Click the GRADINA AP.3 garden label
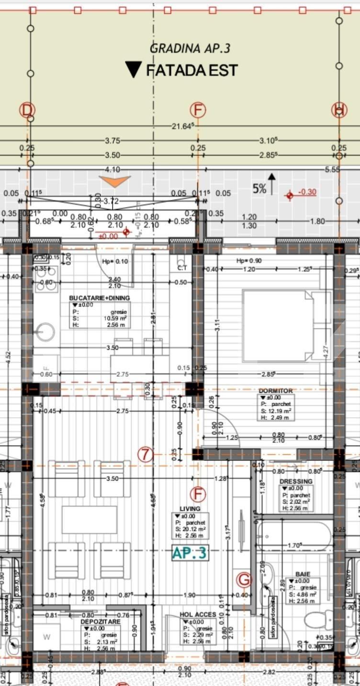[190, 48]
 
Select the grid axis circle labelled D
[27, 110]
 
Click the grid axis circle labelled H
[339, 110]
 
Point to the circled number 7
[145, 454]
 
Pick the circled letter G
[244, 580]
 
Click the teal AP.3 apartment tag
[190, 553]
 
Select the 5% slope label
[259, 189]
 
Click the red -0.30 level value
[307, 192]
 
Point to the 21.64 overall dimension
[183, 126]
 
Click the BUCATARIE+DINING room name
[99, 298]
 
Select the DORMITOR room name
[275, 391]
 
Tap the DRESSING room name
[296, 481]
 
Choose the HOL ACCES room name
[198, 614]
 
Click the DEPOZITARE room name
[101, 621]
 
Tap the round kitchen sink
[45, 332]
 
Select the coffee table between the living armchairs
[90, 520]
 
